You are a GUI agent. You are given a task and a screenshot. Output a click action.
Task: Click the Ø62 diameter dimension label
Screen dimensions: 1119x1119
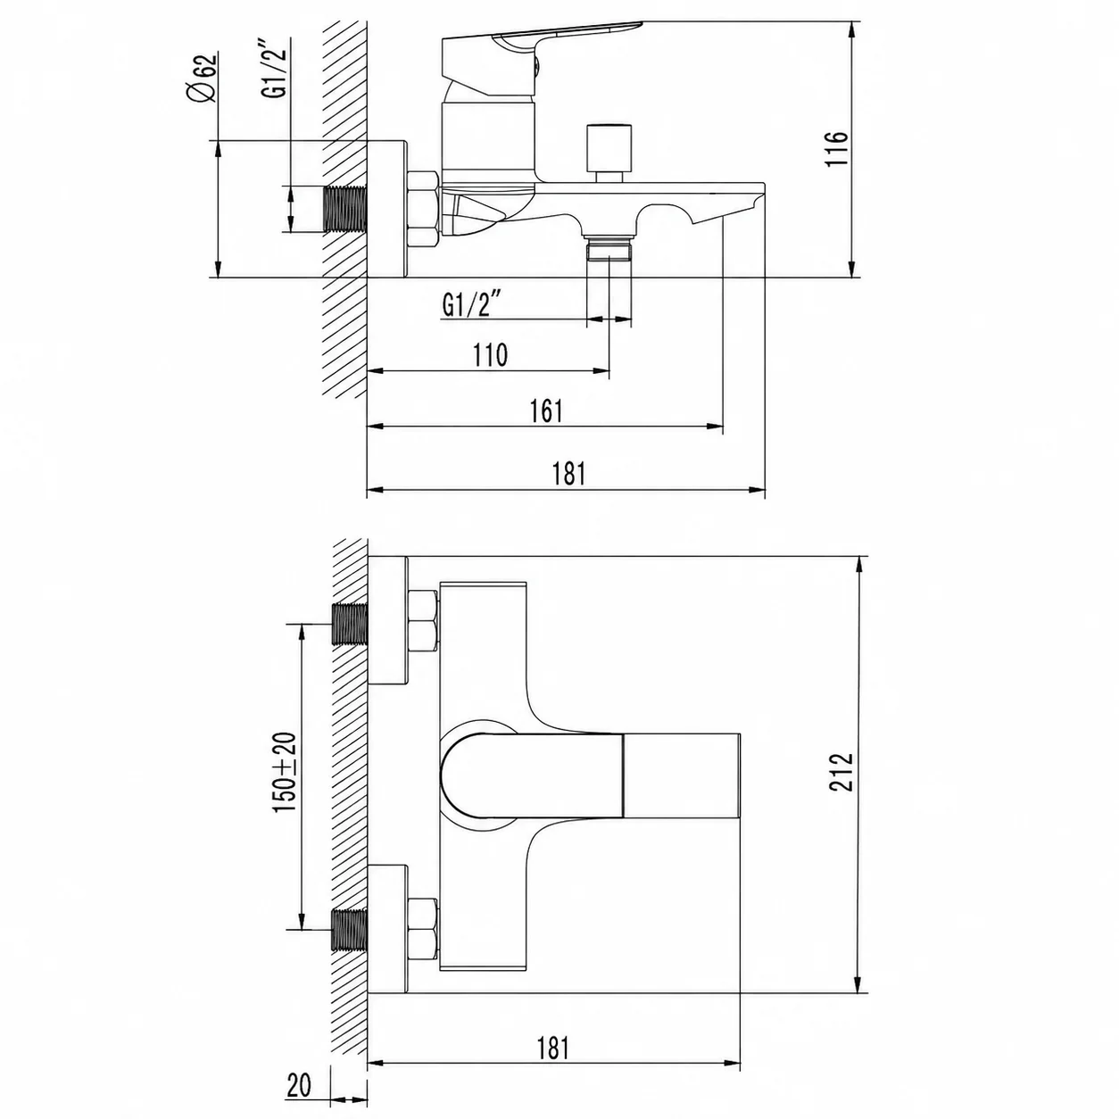coord(204,78)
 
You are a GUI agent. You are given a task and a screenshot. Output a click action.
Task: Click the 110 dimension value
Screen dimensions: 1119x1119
coord(490,355)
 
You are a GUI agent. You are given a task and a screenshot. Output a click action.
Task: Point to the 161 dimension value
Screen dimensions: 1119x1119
coord(546,411)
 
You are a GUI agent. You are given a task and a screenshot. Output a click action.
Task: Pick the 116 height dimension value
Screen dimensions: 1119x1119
coord(837,149)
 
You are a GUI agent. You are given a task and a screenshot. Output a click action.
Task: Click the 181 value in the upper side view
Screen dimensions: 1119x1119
coord(569,473)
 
